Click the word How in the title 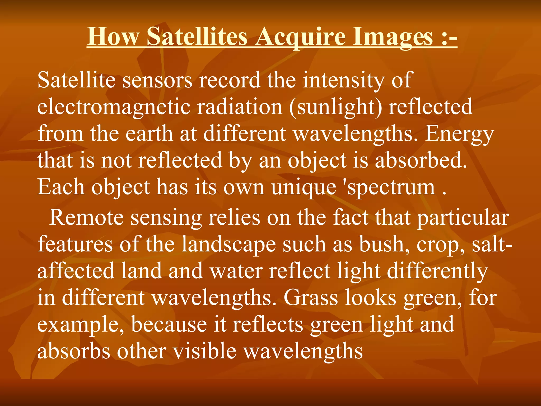point(113,37)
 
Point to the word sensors point(157,80)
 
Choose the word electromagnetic point(114,107)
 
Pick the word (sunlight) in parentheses point(335,107)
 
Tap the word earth point(149,134)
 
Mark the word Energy point(459,134)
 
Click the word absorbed point(421,161)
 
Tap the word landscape point(229,244)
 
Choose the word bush point(384,244)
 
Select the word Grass point(311,298)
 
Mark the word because point(169,325)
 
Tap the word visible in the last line point(204,352)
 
